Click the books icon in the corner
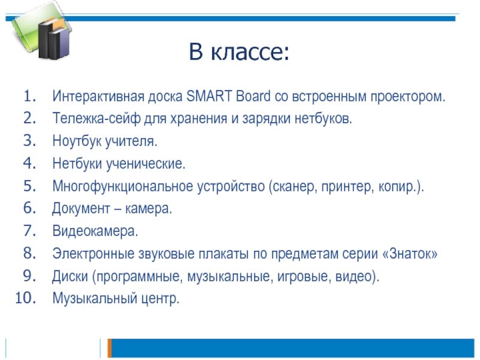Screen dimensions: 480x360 click(x=42, y=31)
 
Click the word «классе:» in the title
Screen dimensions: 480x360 click(x=250, y=52)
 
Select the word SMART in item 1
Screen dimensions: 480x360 click(x=209, y=96)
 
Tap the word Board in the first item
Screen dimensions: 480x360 click(x=253, y=96)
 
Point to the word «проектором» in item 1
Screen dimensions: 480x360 click(x=407, y=97)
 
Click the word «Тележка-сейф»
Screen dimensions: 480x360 click(x=96, y=118)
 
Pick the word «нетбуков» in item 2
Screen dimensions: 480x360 click(x=323, y=119)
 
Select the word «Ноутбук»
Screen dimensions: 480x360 click(x=77, y=141)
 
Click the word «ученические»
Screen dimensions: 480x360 click(x=145, y=163)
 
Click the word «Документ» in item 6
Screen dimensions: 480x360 click(x=81, y=209)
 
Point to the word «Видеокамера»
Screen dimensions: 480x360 click(x=95, y=231)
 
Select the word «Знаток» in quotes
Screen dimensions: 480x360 click(x=410, y=254)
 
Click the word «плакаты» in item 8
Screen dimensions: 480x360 click(x=224, y=254)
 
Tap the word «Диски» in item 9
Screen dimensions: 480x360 click(x=70, y=276)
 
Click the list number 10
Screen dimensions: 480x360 click(x=25, y=298)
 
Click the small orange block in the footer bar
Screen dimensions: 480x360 click(x=110, y=348)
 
